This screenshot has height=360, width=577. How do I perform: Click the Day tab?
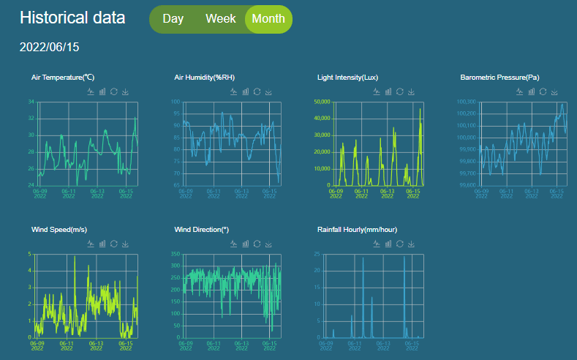pos(173,19)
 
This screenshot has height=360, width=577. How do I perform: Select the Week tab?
pos(220,19)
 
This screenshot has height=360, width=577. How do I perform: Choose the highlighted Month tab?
pos(268,19)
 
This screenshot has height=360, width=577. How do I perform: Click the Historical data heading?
pos(72,18)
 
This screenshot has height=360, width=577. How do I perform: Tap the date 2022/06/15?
pos(49,47)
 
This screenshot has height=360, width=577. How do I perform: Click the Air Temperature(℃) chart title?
pos(63,77)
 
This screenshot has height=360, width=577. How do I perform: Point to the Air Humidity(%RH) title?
pos(204,77)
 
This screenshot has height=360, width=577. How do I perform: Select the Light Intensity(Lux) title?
pos(347,77)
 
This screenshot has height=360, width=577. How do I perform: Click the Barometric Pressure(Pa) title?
pos(499,77)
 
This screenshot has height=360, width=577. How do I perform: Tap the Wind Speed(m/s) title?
pos(59,230)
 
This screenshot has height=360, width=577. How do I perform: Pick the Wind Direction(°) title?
pos(202,230)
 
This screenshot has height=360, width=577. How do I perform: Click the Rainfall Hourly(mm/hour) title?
pos(357,230)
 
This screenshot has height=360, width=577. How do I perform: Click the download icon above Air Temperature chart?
pos(126,91)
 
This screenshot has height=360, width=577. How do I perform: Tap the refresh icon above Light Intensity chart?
pos(399,91)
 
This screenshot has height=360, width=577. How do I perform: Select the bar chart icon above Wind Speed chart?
pos(102,244)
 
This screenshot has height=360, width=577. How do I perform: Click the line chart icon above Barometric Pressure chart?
pos(520,91)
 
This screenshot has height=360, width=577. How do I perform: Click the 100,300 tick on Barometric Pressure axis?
pos(466,101)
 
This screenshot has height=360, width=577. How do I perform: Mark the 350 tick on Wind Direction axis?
pos(175,254)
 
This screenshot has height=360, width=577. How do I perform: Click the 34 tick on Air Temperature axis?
pos(31,101)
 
